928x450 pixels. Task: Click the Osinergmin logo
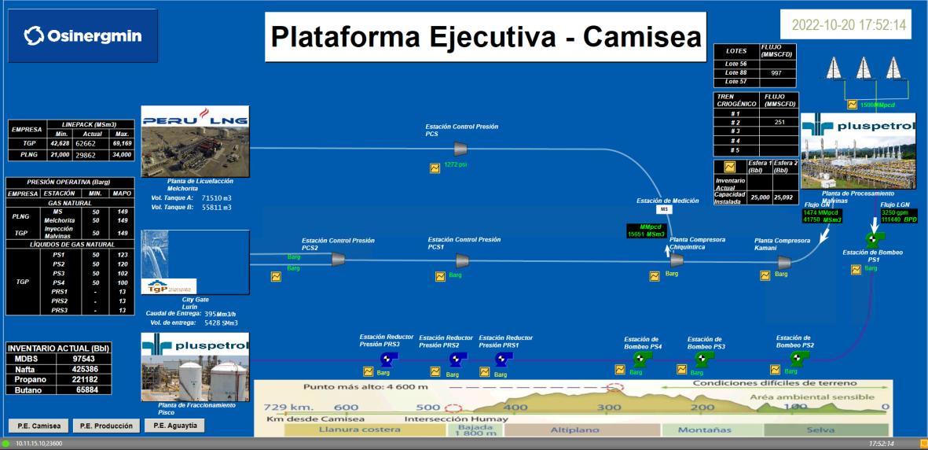click(x=83, y=36)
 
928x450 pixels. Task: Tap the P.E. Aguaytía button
click(x=174, y=425)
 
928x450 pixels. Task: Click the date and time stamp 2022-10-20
click(x=849, y=25)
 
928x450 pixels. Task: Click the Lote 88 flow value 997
click(x=776, y=72)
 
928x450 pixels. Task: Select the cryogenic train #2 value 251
click(x=779, y=122)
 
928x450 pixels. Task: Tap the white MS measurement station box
click(x=665, y=209)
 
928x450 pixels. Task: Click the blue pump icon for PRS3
click(x=387, y=359)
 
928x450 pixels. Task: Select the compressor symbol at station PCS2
click(x=339, y=259)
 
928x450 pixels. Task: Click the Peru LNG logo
click(x=194, y=121)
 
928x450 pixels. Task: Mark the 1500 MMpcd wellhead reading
click(x=877, y=104)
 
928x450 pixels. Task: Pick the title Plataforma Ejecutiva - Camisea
click(x=486, y=36)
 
